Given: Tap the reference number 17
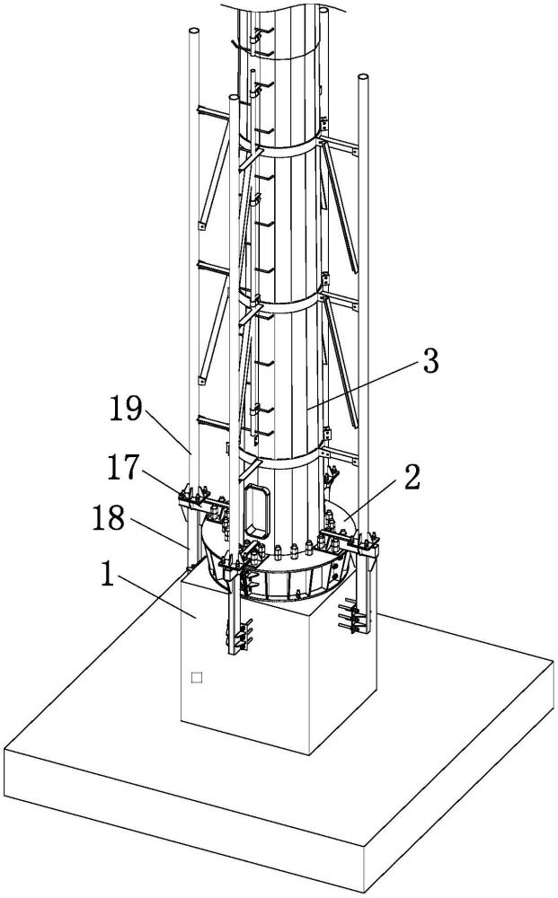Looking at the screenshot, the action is [x=123, y=467].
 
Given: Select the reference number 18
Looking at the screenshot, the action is [x=109, y=518].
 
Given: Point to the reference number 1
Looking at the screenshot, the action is [x=108, y=575].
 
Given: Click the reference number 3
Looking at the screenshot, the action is [x=430, y=361].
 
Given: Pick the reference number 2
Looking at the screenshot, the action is [x=412, y=478].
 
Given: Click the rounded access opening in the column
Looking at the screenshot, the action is [x=257, y=512].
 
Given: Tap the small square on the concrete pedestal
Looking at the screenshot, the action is [x=197, y=677].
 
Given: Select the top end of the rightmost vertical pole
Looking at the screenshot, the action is [x=363, y=77].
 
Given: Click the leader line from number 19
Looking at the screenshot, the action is [x=168, y=431].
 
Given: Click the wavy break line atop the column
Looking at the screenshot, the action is [x=280, y=7].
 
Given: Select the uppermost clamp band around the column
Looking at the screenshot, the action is [x=278, y=146].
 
